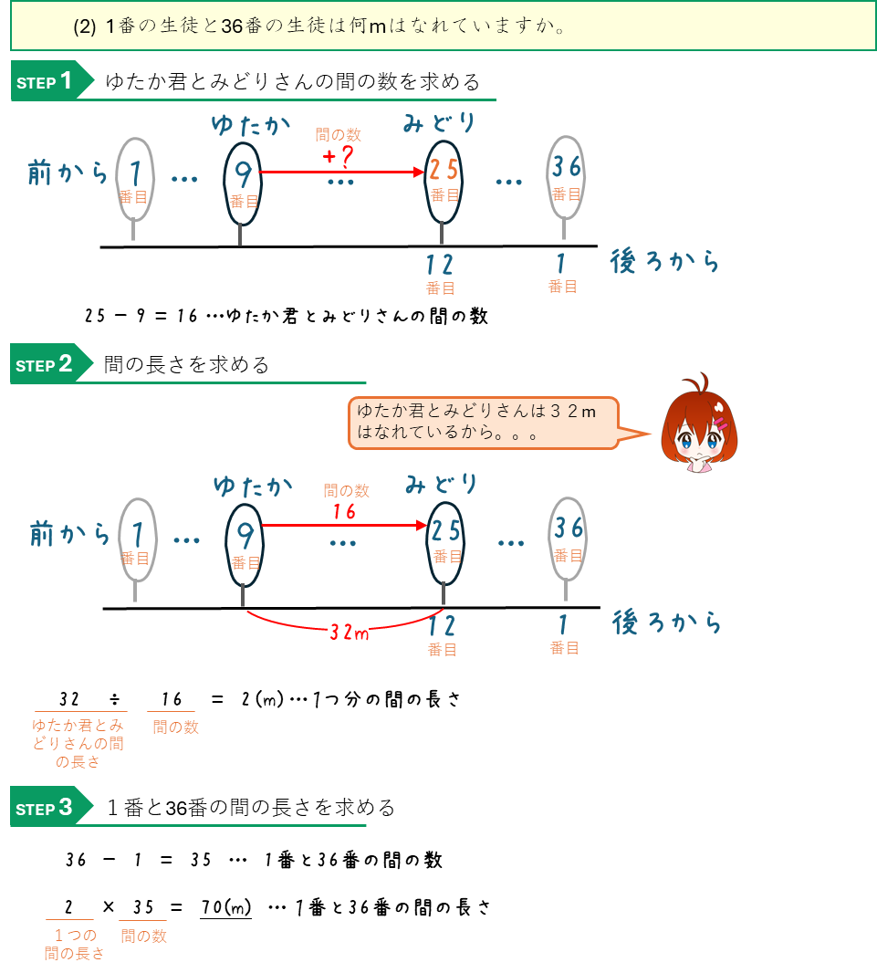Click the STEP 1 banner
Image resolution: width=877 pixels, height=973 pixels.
click(50, 81)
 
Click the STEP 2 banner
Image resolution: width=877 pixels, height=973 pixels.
click(50, 364)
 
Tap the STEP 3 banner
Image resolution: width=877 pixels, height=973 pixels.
click(50, 808)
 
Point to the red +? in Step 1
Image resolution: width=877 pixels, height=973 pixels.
click(338, 156)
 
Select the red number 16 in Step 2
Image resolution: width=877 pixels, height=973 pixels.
click(344, 512)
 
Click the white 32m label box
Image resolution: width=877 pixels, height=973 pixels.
click(349, 631)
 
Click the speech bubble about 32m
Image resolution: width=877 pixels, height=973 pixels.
click(482, 423)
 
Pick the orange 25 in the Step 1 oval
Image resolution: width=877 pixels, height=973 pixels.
click(444, 170)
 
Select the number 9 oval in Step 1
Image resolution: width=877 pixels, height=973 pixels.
click(243, 183)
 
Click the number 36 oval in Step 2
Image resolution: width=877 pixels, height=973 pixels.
click(568, 539)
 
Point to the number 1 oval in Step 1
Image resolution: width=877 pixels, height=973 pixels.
click(135, 178)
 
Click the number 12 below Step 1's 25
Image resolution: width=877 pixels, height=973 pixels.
click(440, 265)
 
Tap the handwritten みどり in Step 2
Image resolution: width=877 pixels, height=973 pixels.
click(442, 483)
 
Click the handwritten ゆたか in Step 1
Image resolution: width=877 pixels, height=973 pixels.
click(250, 125)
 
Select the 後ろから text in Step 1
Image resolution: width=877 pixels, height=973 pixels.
click(664, 263)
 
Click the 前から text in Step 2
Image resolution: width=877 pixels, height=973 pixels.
click(69, 533)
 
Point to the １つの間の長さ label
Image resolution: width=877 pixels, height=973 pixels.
click(74, 944)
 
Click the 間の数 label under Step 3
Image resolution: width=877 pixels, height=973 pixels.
click(143, 936)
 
